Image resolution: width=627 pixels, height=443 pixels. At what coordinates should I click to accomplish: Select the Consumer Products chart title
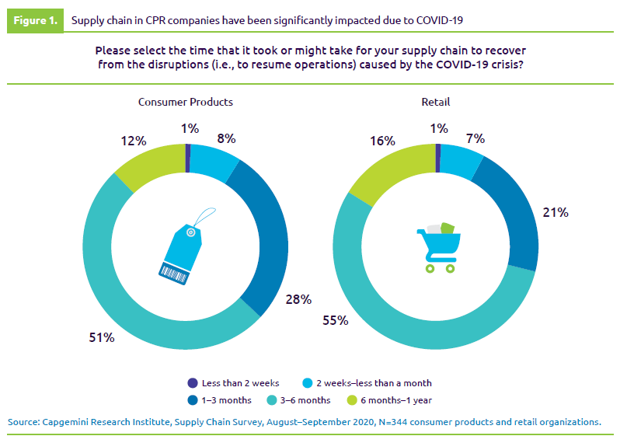pyautogui.click(x=186, y=102)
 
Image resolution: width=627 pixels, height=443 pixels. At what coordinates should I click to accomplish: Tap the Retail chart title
pyautogui.click(x=436, y=102)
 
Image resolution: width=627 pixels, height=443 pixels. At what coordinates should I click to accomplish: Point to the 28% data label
pyautogui.click(x=299, y=299)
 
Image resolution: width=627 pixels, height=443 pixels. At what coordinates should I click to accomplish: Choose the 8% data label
pyautogui.click(x=226, y=138)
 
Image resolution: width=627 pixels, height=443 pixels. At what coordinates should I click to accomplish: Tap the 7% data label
pyautogui.click(x=475, y=138)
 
